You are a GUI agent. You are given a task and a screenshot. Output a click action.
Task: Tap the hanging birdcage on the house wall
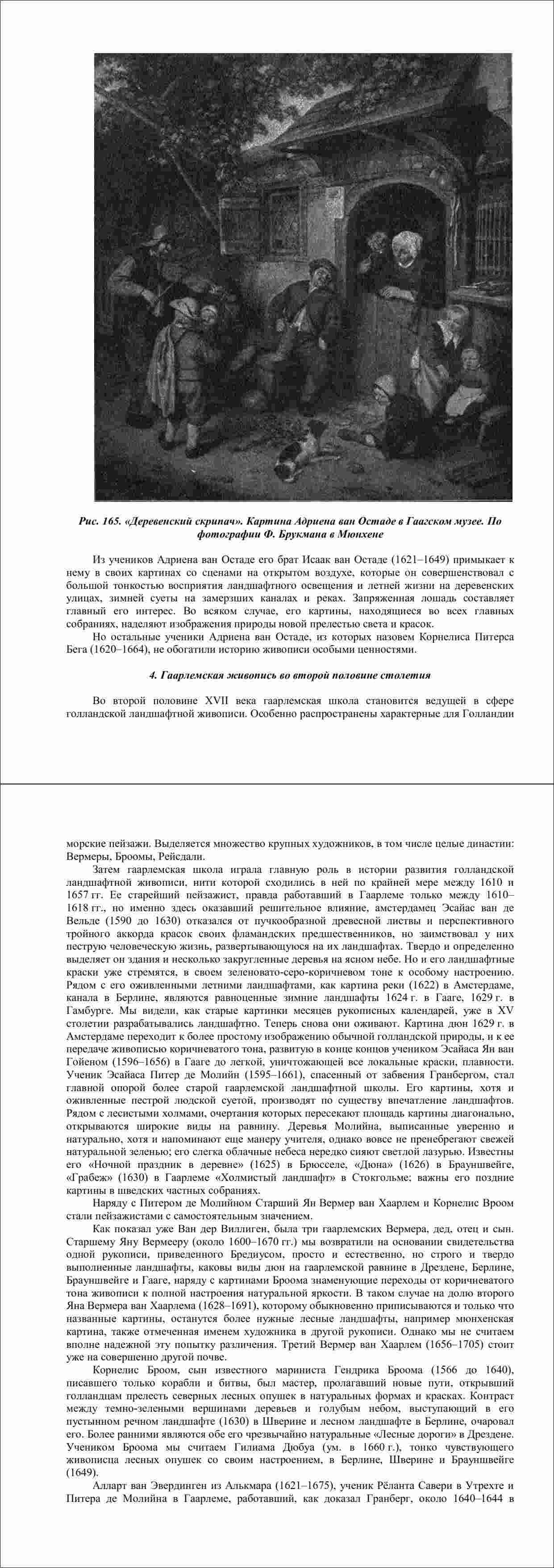492,232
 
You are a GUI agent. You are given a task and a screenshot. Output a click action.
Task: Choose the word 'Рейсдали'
176,856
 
